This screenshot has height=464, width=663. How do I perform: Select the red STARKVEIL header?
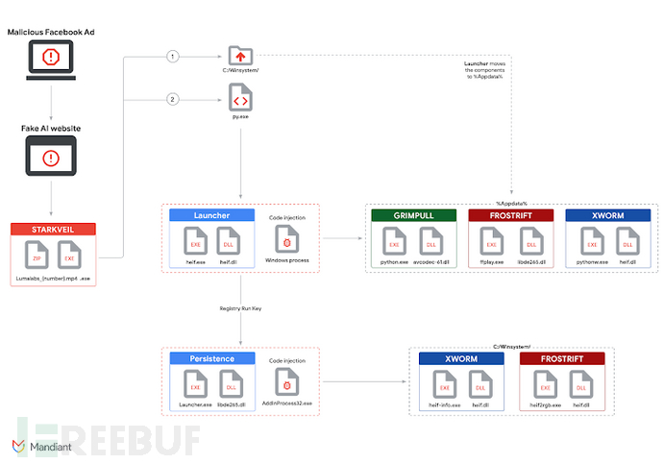point(54,230)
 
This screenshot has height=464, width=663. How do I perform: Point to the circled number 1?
point(173,57)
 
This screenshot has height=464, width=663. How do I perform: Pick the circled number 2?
point(173,98)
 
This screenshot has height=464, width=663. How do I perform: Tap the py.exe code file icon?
point(240,97)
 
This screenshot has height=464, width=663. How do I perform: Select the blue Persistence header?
point(212,358)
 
